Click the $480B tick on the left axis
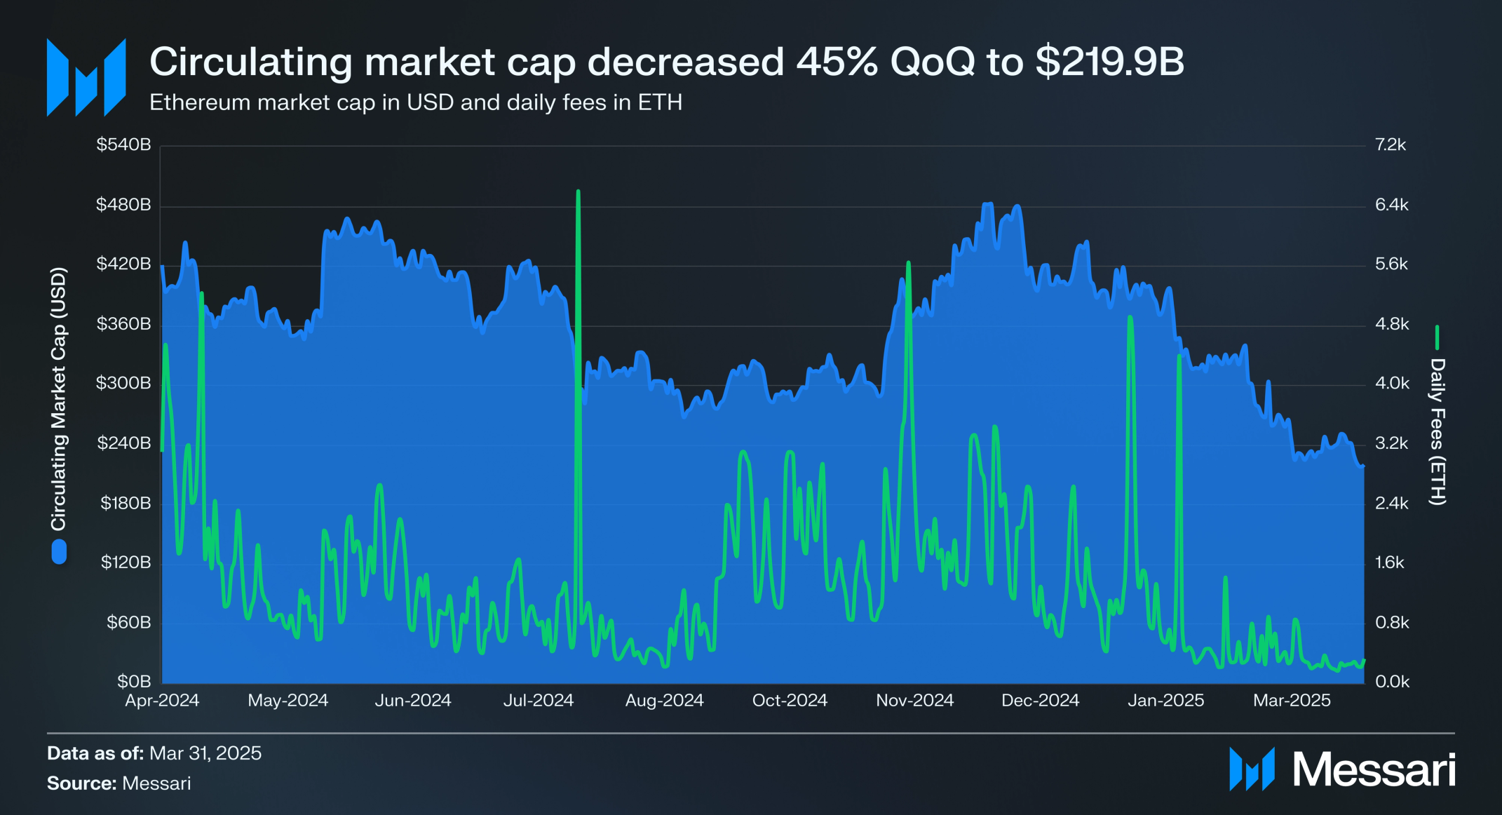123,205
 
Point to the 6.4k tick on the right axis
1391,205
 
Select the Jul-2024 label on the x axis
538,700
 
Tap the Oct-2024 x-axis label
790,700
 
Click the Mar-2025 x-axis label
1292,700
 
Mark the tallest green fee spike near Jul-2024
578,191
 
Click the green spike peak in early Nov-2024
908,264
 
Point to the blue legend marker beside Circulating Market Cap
59,551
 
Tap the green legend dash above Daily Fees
1437,337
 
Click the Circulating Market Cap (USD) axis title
58,398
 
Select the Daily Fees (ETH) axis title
1437,431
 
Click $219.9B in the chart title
1109,62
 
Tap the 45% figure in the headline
837,62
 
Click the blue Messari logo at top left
86,77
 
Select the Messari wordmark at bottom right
1373,769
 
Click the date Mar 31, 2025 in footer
205,753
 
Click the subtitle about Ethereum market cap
415,102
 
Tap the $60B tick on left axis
128,622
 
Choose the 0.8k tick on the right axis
1391,622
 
